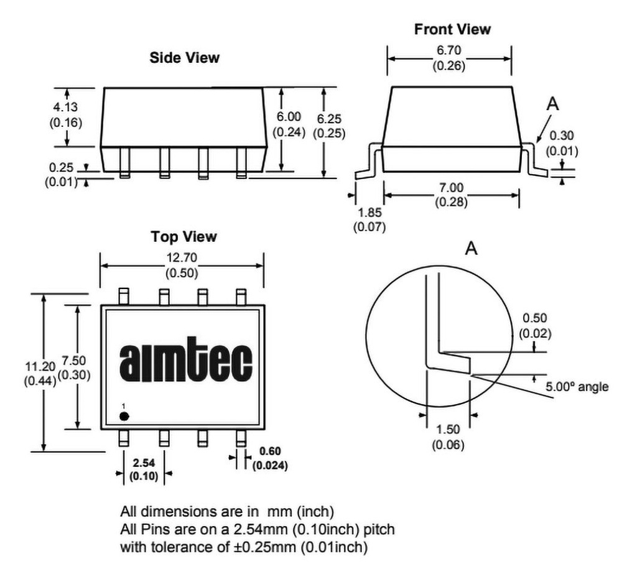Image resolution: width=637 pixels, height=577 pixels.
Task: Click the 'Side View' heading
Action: click(184, 58)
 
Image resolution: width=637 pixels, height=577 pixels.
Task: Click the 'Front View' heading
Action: click(452, 29)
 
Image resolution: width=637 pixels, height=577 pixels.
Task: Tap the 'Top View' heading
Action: click(184, 237)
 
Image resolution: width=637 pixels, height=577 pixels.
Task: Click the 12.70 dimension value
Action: click(182, 258)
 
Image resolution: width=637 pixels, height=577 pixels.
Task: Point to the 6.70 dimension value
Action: click(449, 50)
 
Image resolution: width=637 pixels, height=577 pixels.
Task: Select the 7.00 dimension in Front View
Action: click(451, 188)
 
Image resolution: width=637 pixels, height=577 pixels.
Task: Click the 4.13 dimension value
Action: click(65, 107)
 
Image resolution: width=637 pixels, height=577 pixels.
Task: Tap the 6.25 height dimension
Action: click(329, 119)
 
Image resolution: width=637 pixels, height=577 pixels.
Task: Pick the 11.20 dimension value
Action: click(40, 367)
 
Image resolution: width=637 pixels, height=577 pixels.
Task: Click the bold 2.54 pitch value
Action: click(144, 463)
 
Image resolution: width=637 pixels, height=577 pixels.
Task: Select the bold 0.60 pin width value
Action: click(270, 451)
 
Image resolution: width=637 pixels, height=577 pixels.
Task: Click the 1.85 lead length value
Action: click(370, 213)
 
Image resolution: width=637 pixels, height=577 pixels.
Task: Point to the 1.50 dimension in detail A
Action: click(448, 429)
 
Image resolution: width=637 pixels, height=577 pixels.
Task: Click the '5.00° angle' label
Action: click(577, 387)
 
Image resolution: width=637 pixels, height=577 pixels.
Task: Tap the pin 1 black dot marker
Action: click(124, 416)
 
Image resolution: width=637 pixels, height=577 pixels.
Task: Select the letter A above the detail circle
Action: click(472, 247)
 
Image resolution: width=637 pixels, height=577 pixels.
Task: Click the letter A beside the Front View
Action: click(552, 104)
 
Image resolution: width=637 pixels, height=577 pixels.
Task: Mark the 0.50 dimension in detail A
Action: click(534, 318)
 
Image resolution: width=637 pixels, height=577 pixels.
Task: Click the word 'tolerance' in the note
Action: click(190, 547)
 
